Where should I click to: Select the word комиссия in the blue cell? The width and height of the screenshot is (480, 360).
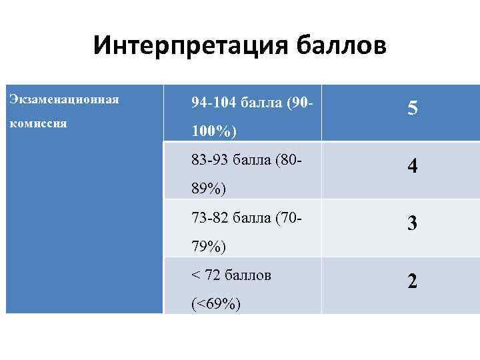[38, 124]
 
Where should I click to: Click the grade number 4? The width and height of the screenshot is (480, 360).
[413, 165]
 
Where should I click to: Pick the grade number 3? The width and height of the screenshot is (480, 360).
[413, 223]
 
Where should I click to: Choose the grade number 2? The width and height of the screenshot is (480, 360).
[413, 281]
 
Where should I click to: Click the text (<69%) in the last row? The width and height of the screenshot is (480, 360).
[216, 305]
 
